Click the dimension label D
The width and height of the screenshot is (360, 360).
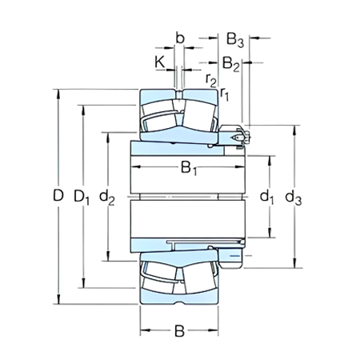[56, 196]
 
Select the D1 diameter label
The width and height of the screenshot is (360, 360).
[81, 196]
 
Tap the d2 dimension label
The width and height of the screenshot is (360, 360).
[106, 196]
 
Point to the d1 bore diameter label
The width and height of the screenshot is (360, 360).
[267, 196]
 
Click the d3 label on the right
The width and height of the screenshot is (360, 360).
[296, 196]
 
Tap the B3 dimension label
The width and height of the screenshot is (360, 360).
[234, 38]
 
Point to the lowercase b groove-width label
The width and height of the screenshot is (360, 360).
[180, 38]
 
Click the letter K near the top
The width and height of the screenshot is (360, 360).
[160, 61]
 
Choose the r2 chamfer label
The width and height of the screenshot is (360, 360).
[210, 78]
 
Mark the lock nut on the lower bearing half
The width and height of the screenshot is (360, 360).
[234, 254]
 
